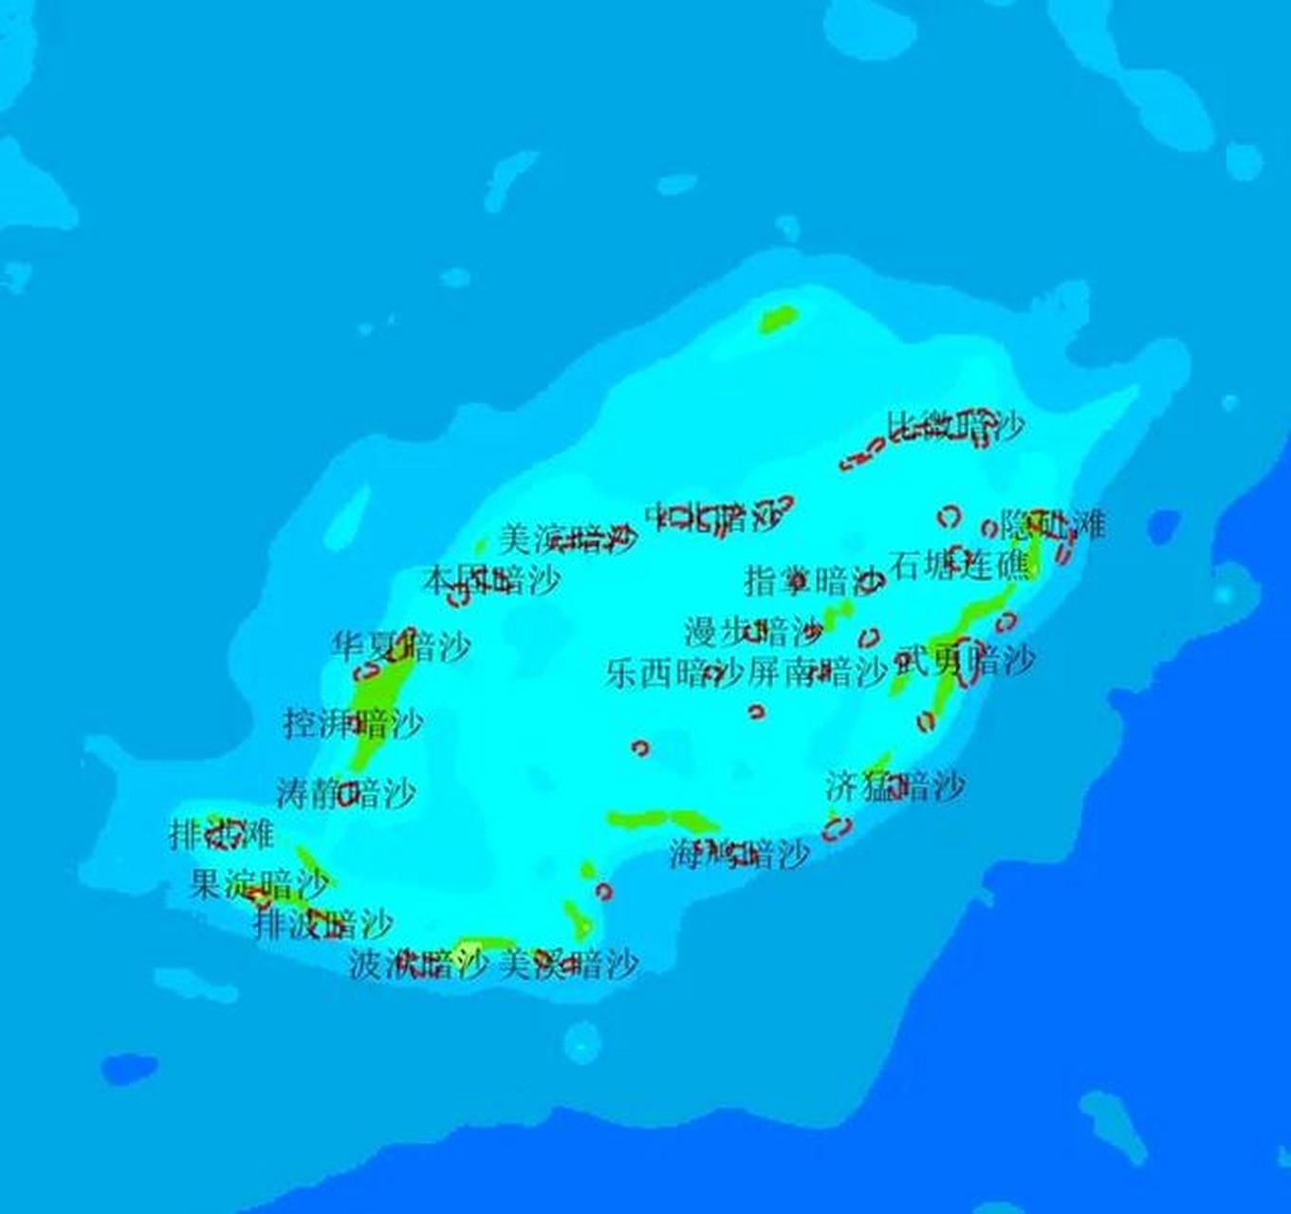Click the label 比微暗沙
(x=955, y=427)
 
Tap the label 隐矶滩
(x=1053, y=524)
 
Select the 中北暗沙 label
(x=713, y=517)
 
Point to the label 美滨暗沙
(x=567, y=540)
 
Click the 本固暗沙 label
(x=490, y=579)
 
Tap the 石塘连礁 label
(x=958, y=566)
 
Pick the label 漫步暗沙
(x=753, y=631)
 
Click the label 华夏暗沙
(x=400, y=648)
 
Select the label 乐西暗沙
(x=673, y=673)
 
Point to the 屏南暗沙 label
(x=817, y=673)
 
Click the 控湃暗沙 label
(x=353, y=725)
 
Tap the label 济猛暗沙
(x=894, y=786)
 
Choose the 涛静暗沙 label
(x=345, y=793)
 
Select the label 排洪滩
(x=221, y=835)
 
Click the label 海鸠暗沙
(x=739, y=855)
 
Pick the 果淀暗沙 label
(x=259, y=885)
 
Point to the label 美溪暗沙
(x=567, y=965)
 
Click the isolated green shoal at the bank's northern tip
(x=778, y=319)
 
